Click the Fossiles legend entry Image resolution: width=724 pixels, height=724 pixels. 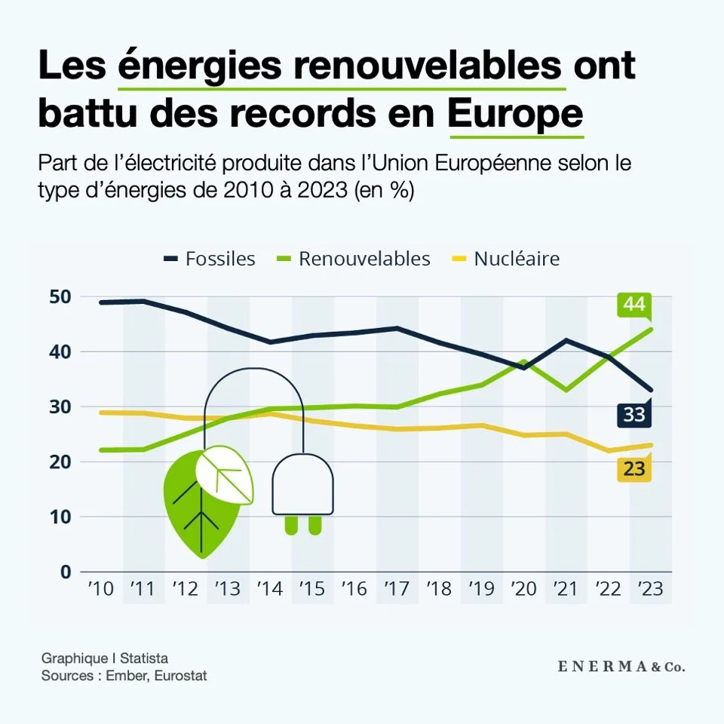point(210,259)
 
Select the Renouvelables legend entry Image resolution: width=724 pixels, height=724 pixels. point(354,259)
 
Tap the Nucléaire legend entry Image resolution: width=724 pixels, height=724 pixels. point(506,259)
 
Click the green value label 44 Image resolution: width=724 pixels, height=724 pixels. point(633,305)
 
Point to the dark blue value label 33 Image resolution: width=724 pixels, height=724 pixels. point(633,414)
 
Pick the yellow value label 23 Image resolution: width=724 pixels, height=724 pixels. point(633,469)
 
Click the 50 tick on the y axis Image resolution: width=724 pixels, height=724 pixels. point(61,297)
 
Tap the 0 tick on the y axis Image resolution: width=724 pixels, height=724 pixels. point(66,572)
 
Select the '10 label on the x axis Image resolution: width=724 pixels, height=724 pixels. point(100,590)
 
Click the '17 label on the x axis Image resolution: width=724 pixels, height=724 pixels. point(397,590)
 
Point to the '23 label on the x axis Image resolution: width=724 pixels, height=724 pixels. point(650,590)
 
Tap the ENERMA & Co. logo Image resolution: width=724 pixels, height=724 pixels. point(621,667)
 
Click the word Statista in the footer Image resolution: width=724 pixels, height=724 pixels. point(144,658)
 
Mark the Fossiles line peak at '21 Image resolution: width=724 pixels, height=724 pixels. point(566,340)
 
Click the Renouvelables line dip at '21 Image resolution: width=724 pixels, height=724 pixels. point(566,390)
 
